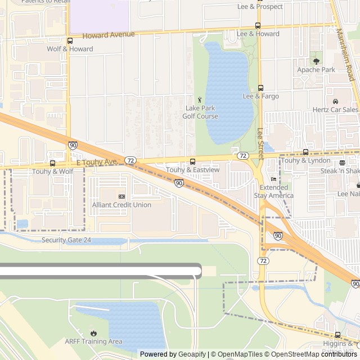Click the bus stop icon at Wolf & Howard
tap(70, 40)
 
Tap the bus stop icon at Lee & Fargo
tap(260, 88)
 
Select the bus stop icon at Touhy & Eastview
tap(193, 161)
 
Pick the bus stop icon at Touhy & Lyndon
tap(305, 152)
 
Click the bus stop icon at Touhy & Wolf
tap(53, 163)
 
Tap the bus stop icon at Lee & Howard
tap(258, 25)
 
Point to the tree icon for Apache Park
tap(316, 61)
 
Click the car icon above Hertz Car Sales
tap(335, 101)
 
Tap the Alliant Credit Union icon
tap(121, 196)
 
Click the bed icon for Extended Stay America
tap(273, 179)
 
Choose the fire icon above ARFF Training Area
tap(93, 333)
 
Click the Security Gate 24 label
tap(66, 240)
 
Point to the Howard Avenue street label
tap(109, 35)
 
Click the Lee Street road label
tap(260, 140)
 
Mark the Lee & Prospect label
tap(260, 7)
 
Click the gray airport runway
tap(101, 271)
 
